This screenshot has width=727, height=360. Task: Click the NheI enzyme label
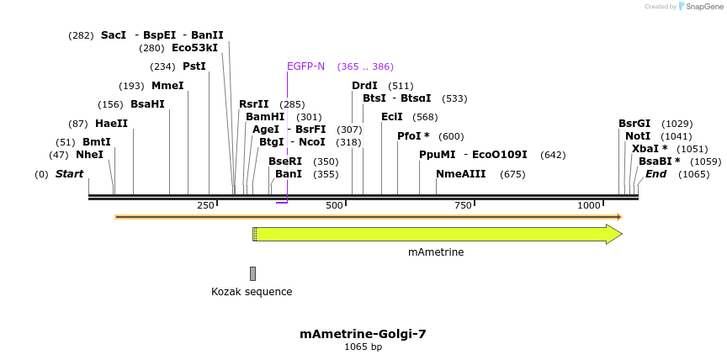[x=89, y=155]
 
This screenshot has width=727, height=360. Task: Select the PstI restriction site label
[x=194, y=66]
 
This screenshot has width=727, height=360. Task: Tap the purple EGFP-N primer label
[x=305, y=66]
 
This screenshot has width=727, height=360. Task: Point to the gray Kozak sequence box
[x=252, y=273]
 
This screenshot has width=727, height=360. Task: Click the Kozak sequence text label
[x=252, y=292]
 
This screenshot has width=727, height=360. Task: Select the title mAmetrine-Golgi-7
[x=363, y=334]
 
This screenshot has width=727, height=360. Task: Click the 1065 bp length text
[x=363, y=347]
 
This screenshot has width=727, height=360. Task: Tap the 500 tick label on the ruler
[x=335, y=205]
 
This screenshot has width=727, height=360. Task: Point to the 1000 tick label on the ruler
[x=588, y=205]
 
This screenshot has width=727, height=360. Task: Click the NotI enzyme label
[x=638, y=136]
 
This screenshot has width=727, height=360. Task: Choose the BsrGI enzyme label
[x=634, y=124]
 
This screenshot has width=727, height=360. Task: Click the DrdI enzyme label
[x=364, y=86]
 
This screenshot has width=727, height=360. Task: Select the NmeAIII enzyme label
[x=460, y=174]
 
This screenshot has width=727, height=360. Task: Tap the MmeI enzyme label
[x=167, y=86]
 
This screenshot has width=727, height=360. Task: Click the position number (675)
[x=512, y=175]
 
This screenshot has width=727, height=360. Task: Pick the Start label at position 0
[x=69, y=174]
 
